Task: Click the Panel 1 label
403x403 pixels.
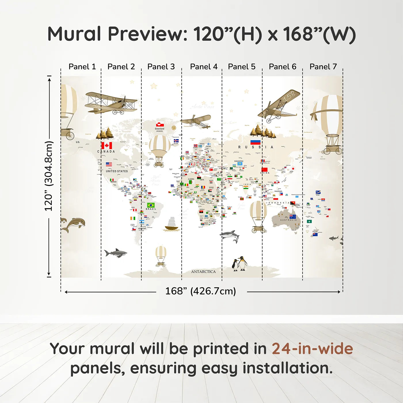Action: [82, 67]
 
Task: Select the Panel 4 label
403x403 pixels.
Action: [204, 67]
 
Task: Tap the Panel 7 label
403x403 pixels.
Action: [323, 67]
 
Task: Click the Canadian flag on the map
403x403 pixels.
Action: [107, 145]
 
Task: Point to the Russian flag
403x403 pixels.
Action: [255, 142]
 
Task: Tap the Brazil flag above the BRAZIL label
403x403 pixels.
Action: [151, 205]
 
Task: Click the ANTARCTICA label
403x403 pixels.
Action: [203, 271]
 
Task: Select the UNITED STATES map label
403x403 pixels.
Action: [117, 171]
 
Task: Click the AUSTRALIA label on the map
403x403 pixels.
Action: [288, 220]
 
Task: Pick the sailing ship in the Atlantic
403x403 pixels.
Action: [172, 224]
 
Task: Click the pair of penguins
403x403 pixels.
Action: [240, 264]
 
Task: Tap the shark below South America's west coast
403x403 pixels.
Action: [116, 253]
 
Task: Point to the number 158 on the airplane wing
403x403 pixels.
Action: [289, 96]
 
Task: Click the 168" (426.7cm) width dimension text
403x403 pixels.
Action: [200, 291]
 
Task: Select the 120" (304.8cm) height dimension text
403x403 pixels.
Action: [49, 176]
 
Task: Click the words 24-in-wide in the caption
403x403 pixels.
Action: [312, 349]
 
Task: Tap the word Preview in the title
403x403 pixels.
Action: [147, 34]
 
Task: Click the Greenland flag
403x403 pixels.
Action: [160, 125]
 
